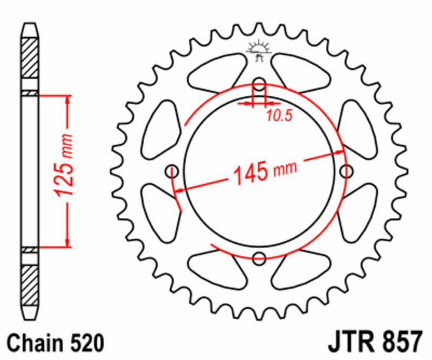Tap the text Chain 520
click(56, 343)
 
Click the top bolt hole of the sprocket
click(259, 85)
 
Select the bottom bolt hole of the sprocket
click(259, 257)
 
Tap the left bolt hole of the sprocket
click(173, 171)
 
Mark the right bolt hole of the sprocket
click(345, 171)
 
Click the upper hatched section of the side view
click(30, 57)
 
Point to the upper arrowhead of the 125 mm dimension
click(67, 101)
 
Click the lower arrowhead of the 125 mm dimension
click(67, 242)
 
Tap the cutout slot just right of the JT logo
click(300, 70)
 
